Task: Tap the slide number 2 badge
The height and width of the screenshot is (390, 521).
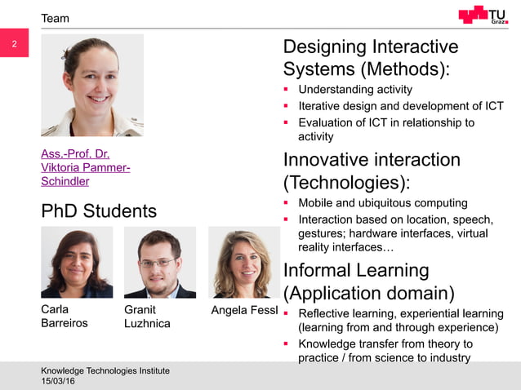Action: pyautogui.click(x=14, y=45)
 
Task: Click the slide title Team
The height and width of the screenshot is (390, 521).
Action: pyautogui.click(x=56, y=18)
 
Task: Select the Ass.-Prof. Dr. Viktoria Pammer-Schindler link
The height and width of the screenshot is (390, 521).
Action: pyautogui.click(x=85, y=167)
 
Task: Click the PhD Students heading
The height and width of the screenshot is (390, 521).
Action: pyautogui.click(x=99, y=211)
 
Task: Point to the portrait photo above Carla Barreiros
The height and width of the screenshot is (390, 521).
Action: pyautogui.click(x=77, y=262)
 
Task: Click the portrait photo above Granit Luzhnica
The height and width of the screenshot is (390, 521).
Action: pyautogui.click(x=159, y=262)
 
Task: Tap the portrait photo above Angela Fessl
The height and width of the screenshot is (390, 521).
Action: pyautogui.click(x=243, y=262)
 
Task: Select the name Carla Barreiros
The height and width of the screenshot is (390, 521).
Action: pyautogui.click(x=65, y=316)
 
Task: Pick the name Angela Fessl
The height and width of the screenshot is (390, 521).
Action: pyautogui.click(x=244, y=310)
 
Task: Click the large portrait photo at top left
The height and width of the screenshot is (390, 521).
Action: pyautogui.click(x=92, y=85)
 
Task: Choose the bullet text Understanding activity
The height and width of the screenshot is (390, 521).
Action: pyautogui.click(x=355, y=89)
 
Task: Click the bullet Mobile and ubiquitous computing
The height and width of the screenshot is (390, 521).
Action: pyautogui.click(x=383, y=203)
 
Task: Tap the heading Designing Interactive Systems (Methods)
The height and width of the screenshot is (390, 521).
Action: pyautogui.click(x=371, y=57)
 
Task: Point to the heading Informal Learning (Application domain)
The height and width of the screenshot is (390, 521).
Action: pyautogui.click(x=368, y=281)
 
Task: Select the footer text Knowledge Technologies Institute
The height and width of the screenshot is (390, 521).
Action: pyautogui.click(x=105, y=370)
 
